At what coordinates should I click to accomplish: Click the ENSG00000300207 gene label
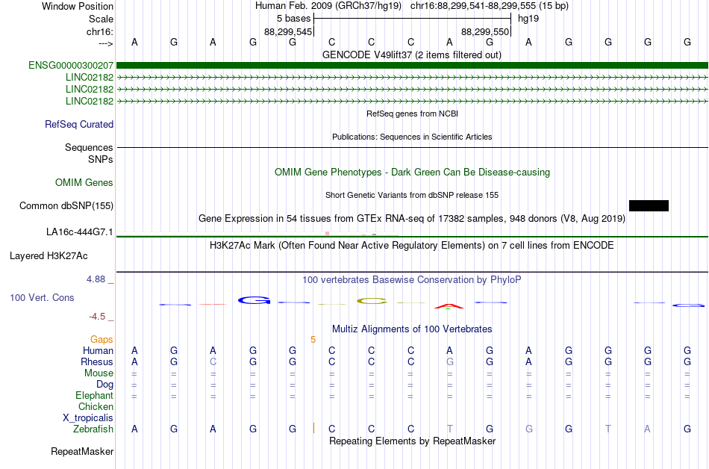tap(71, 66)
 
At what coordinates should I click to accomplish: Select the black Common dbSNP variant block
tap(649, 206)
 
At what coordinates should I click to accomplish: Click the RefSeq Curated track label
tap(79, 125)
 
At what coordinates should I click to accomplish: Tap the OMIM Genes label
tap(84, 183)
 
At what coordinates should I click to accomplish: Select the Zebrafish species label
tap(93, 429)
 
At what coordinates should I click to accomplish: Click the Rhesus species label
tap(97, 361)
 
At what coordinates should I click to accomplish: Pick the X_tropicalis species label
tap(88, 418)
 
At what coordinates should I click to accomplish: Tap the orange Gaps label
tap(101, 340)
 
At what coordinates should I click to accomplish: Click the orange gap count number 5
tap(313, 340)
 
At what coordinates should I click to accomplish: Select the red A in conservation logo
tap(449, 306)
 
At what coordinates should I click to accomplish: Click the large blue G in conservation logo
tap(254, 300)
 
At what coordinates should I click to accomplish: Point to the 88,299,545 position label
tap(288, 31)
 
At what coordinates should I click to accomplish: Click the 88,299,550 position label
tap(485, 31)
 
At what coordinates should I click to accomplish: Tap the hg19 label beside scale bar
tap(528, 19)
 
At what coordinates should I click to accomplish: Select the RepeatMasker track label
tap(82, 451)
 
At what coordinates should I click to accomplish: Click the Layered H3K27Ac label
tap(49, 256)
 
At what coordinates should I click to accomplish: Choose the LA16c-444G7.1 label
tap(80, 232)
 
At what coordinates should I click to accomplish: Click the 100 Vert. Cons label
tap(42, 297)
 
